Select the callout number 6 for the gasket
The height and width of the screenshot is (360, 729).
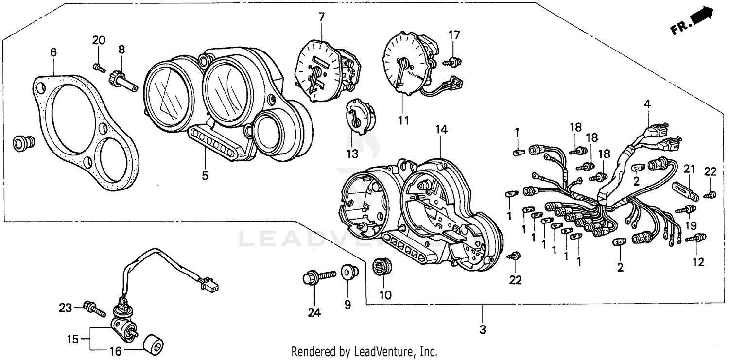click(53, 51)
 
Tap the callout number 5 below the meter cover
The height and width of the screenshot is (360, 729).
click(205, 175)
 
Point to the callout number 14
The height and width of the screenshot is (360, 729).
click(441, 129)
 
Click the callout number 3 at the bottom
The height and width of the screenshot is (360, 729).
click(482, 329)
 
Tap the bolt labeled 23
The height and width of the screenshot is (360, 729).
click(95, 309)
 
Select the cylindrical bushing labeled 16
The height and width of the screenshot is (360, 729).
click(153, 344)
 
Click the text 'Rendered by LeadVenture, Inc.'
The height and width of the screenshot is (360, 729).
click(364, 351)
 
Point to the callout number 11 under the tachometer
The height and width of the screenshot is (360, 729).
click(403, 120)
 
